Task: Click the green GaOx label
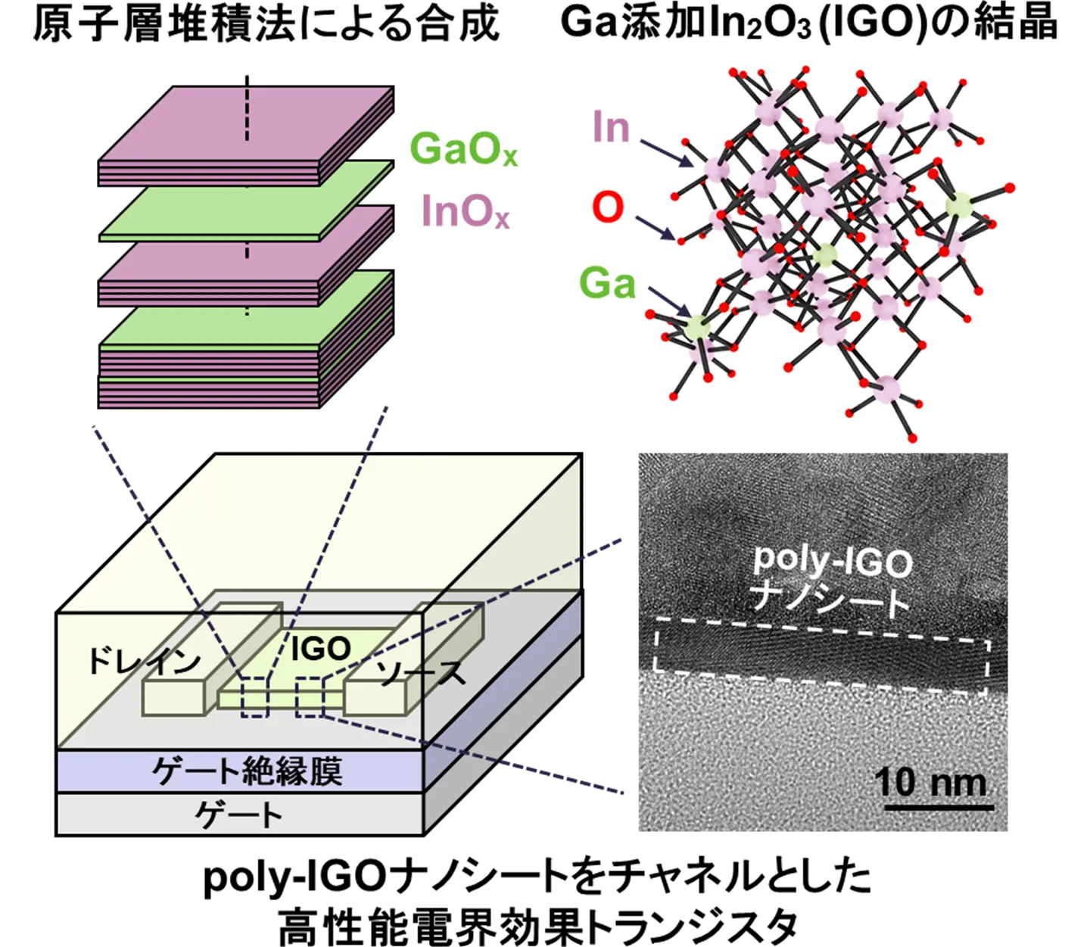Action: (463, 149)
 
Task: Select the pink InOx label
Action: (465, 211)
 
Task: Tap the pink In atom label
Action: (611, 126)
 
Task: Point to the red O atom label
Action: (608, 207)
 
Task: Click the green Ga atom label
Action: (607, 283)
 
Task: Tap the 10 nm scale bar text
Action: (930, 782)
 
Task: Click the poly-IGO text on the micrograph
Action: (833, 560)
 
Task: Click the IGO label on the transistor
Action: (321, 649)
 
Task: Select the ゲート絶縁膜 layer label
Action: (247, 771)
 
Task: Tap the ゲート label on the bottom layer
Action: (238, 815)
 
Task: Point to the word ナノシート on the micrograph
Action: (830, 599)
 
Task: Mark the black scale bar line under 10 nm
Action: (939, 808)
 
